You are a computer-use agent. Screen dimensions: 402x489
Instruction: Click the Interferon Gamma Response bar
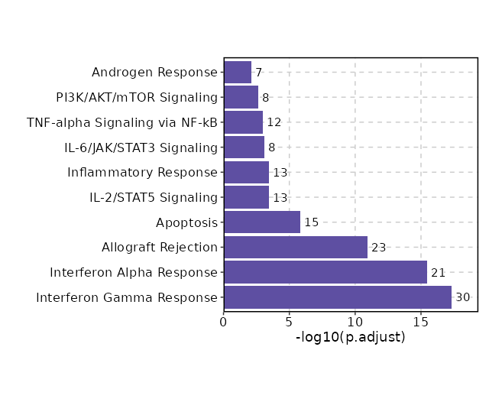click(x=337, y=297)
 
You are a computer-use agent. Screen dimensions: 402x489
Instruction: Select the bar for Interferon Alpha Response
click(x=325, y=272)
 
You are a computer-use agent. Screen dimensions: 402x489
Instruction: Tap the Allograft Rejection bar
click(x=295, y=248)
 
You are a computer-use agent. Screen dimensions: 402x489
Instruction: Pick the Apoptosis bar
click(x=261, y=222)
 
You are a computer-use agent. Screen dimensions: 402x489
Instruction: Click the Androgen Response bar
click(x=237, y=73)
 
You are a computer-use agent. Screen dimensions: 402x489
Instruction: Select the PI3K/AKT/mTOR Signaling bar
click(x=241, y=98)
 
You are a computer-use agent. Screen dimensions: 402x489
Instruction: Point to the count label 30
click(x=463, y=297)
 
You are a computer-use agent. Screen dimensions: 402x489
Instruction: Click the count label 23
click(x=379, y=248)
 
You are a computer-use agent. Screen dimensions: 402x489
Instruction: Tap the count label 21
click(x=439, y=273)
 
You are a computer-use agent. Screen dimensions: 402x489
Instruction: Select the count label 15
click(x=312, y=222)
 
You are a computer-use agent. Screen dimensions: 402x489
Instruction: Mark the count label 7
click(x=259, y=73)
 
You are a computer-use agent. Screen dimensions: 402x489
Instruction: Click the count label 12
click(x=274, y=122)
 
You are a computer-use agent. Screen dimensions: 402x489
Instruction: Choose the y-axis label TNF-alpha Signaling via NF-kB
click(x=122, y=122)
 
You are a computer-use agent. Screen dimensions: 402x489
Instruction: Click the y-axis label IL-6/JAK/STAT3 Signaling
click(x=141, y=148)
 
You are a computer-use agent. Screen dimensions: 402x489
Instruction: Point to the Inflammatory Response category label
click(x=142, y=173)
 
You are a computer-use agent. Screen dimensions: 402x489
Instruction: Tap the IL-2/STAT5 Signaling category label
click(x=154, y=198)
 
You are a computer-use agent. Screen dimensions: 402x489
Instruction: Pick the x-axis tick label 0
click(x=224, y=322)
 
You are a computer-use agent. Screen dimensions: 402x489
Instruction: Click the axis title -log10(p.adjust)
click(x=350, y=338)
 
